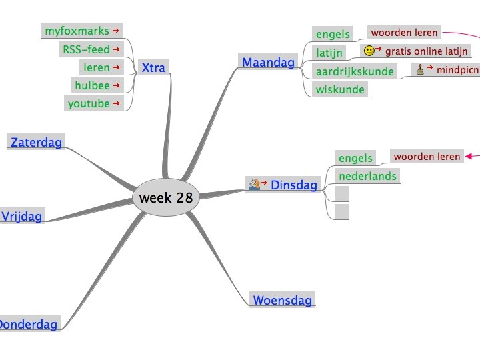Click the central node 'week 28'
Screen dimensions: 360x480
pos(165,197)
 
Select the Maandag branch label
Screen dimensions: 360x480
pos(268,63)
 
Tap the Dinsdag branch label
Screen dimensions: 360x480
pos(294,185)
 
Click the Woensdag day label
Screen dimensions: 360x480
pos(282,300)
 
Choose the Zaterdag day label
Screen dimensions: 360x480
pos(36,142)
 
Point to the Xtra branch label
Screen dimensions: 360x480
pos(153,67)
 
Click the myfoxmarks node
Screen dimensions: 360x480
pos(76,31)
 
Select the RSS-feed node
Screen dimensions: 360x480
pos(86,49)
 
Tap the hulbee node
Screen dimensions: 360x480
pos(92,85)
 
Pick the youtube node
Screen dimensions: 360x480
pos(88,103)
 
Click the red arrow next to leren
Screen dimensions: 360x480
pos(116,67)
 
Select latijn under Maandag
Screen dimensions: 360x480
pos(329,52)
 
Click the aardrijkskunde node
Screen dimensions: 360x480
pos(354,71)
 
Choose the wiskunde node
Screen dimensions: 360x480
pos(340,89)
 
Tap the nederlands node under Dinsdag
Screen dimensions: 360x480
pos(367,176)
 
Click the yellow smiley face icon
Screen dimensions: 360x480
pos(369,51)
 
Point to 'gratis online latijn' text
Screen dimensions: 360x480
pos(427,51)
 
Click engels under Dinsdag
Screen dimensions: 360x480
pos(355,158)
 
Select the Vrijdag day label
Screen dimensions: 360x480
pos(21,216)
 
